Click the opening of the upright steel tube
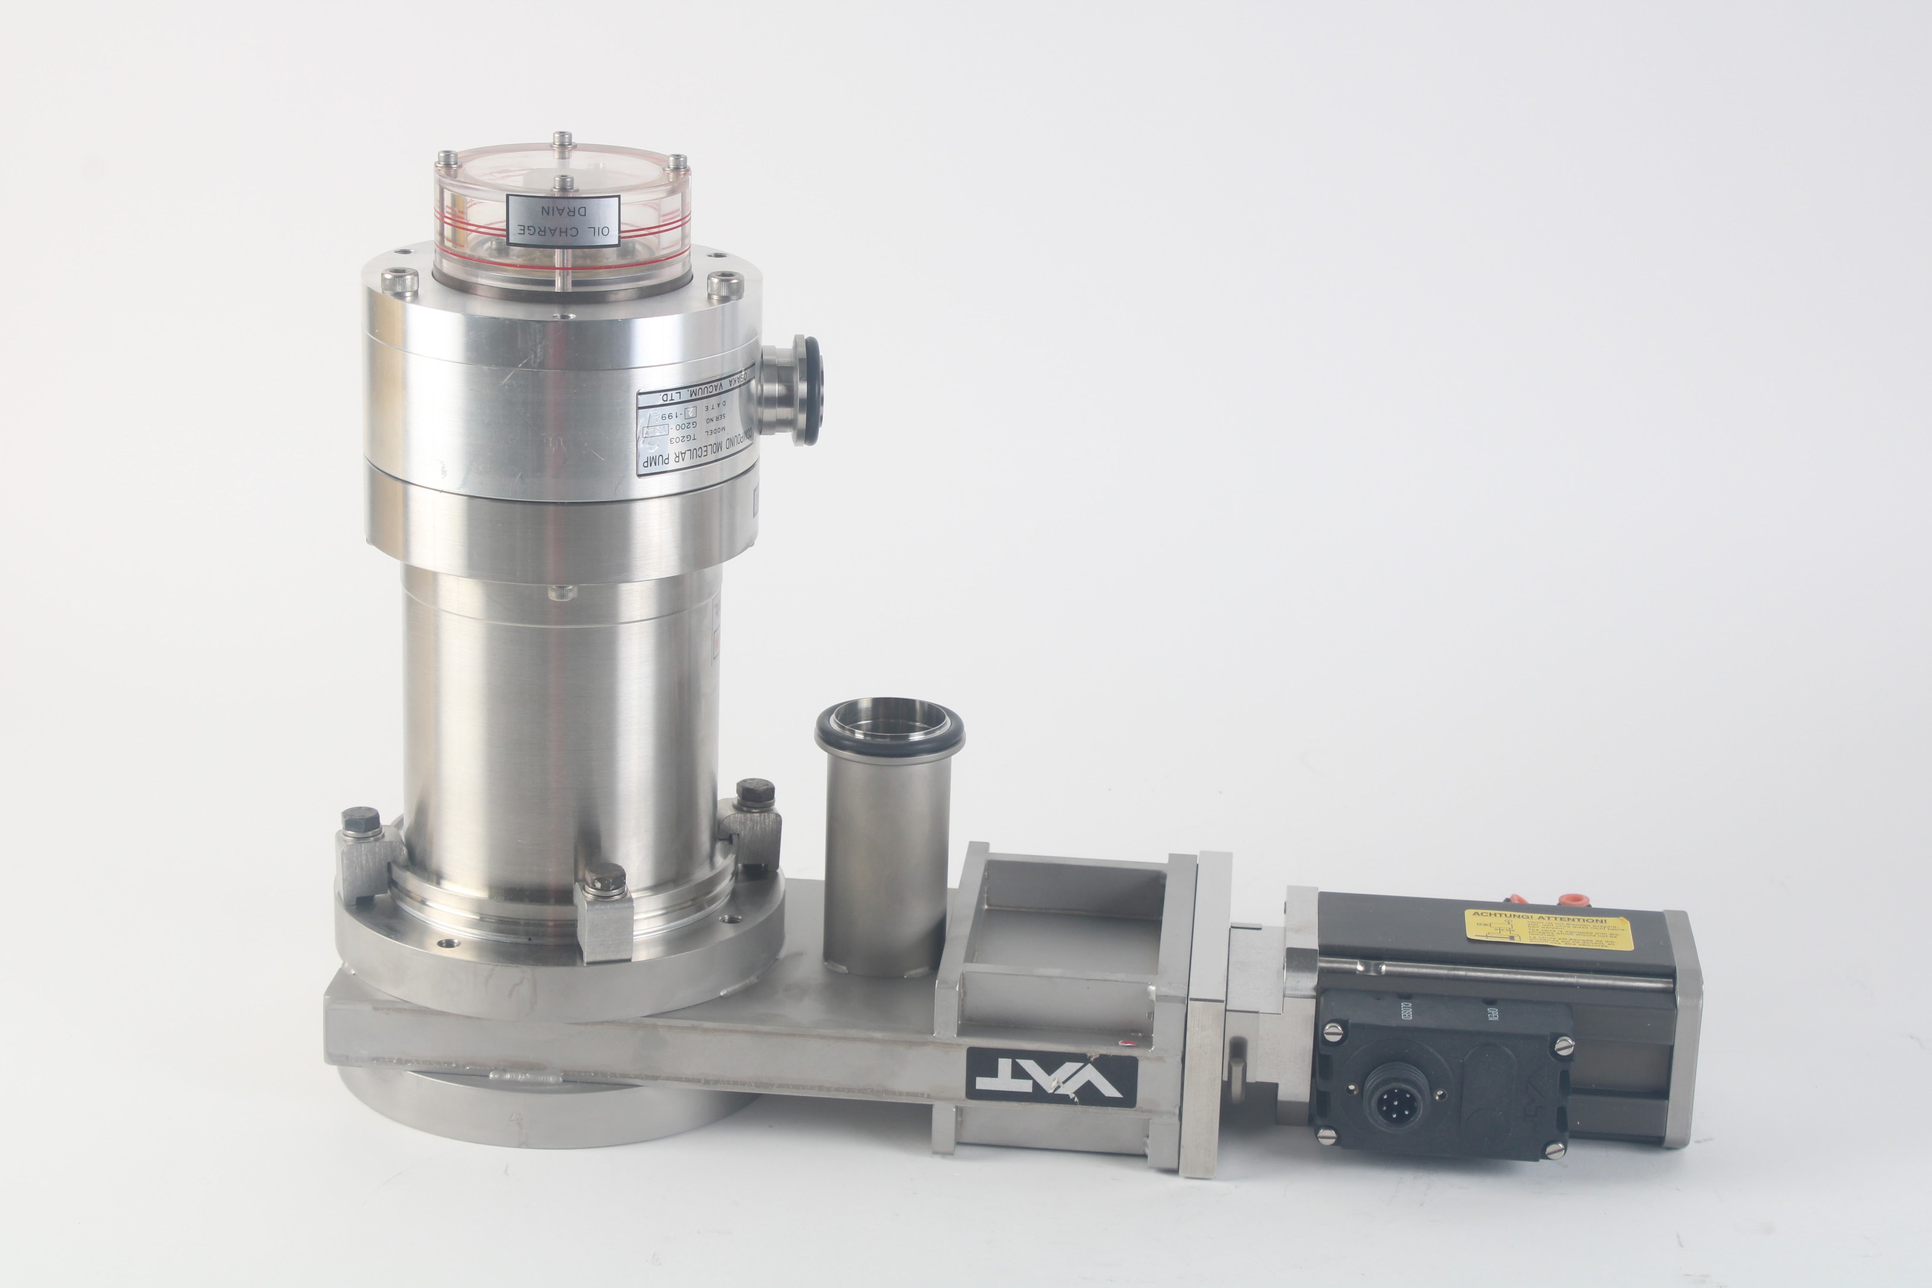[x=889, y=722]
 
